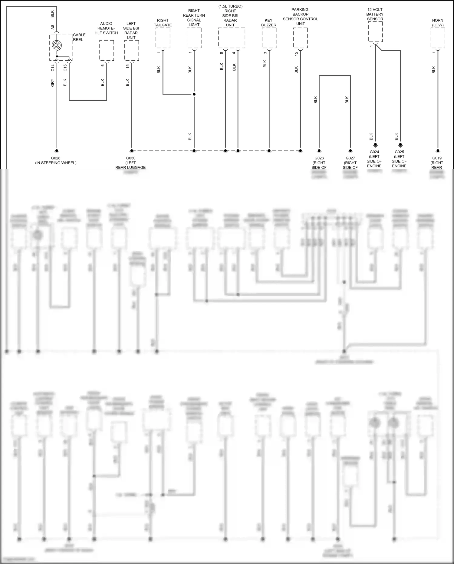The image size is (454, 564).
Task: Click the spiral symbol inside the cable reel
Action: pos(57,45)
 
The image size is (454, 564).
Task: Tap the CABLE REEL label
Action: pos(79,37)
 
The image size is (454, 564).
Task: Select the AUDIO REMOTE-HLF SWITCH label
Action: pos(106,28)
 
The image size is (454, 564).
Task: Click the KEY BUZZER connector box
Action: pos(269,38)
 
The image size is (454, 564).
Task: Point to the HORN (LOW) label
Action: pos(438,23)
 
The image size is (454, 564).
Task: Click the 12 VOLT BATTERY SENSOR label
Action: pos(375,14)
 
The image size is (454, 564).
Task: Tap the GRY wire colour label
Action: pos(53,83)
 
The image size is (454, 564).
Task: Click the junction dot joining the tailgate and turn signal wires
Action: pos(194,94)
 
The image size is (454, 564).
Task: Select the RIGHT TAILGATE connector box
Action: pos(163,38)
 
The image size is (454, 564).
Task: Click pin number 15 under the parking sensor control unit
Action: pos(296,53)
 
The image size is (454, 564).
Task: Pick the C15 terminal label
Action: pos(65,68)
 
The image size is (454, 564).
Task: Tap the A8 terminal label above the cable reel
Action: pos(53,27)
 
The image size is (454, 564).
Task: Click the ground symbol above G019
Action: pos(438,152)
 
